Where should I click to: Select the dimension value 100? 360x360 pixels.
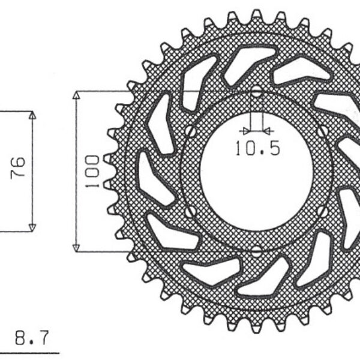tap(92, 171)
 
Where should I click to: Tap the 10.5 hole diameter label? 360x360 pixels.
tap(257, 148)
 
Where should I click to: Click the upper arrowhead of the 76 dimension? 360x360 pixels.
tap(33, 115)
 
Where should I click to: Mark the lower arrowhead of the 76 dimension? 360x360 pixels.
tap(33, 226)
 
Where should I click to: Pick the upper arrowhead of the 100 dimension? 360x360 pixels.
tap(76, 95)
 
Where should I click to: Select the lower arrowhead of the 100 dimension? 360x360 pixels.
tap(76, 247)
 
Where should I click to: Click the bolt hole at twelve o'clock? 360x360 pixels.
tap(257, 92)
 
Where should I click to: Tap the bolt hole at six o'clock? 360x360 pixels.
tap(257, 250)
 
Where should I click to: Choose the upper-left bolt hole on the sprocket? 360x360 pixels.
tap(190, 131)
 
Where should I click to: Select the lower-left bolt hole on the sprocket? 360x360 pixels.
tap(190, 211)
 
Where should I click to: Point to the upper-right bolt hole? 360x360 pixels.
tap(324, 131)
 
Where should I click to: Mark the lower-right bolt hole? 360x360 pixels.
tap(324, 211)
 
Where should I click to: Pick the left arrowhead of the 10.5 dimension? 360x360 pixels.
tap(242, 130)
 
